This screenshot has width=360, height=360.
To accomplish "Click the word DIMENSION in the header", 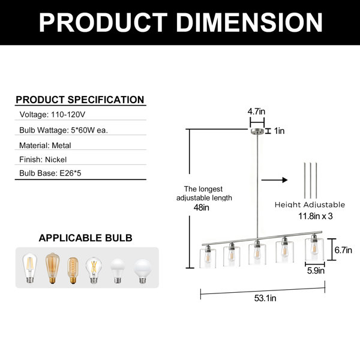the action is tap(250, 22).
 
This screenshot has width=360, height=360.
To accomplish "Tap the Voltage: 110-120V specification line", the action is tap(52, 115).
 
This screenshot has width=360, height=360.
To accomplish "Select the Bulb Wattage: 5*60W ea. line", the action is tap(64, 130).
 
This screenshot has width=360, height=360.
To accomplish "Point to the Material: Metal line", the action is tap(45, 145).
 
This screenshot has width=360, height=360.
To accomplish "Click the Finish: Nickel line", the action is tap(43, 160).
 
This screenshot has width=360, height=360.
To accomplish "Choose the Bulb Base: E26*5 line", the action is tap(50, 173).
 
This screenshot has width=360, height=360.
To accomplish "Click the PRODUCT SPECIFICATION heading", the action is tap(80, 100).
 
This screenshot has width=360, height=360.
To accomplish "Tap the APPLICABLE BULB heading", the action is tap(85, 238).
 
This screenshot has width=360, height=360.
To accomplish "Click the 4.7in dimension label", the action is tap(256, 112).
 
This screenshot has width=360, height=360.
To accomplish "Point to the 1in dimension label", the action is tap(279, 131).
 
